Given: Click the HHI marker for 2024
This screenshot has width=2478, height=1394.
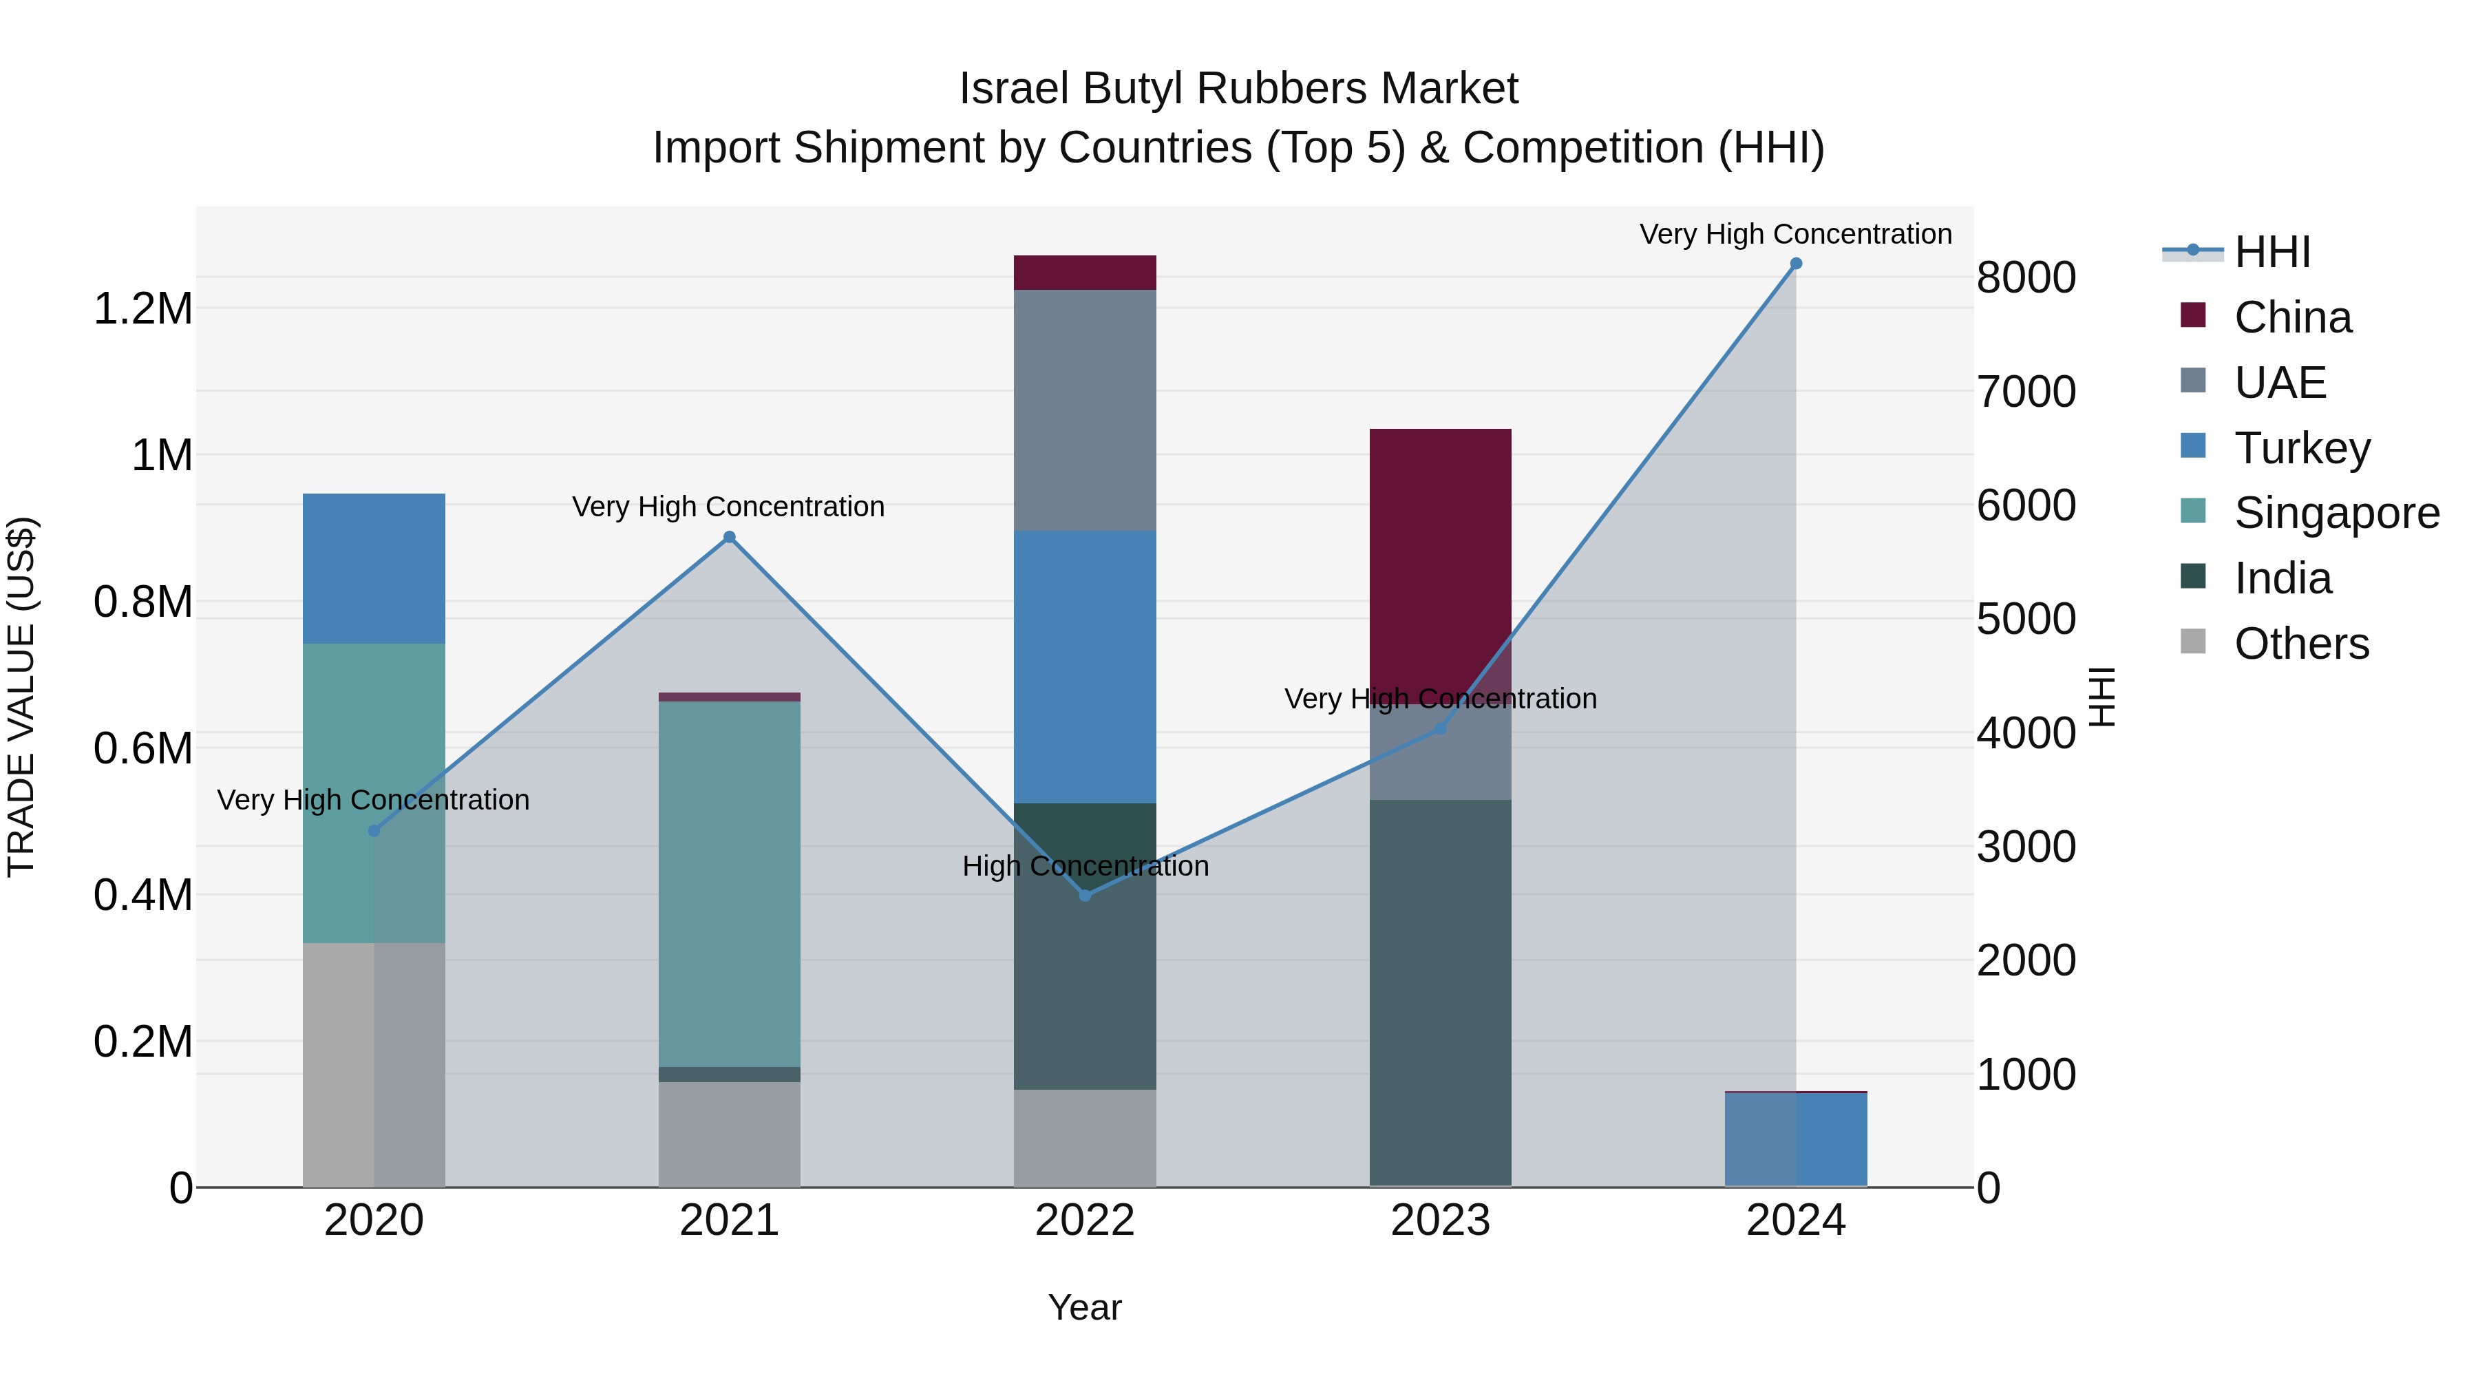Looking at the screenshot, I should click(1795, 264).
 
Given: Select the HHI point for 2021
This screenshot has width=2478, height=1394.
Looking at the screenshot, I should click(729, 537).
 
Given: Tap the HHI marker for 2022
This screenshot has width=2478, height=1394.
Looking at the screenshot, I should click(1085, 896).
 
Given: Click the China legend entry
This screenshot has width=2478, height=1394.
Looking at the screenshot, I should click(2292, 317).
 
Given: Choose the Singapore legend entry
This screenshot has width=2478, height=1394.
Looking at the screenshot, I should click(2336, 513).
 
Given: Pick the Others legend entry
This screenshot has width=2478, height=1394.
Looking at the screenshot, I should click(2301, 644).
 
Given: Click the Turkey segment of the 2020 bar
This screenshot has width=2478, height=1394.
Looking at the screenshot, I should click(374, 569).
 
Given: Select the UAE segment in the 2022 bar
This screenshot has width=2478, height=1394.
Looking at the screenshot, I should click(1085, 410).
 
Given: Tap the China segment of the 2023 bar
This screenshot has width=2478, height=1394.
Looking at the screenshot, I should click(1440, 549).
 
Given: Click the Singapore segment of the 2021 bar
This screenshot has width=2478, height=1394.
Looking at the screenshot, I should click(729, 883).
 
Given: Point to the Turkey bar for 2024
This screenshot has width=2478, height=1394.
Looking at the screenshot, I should click(1795, 1139).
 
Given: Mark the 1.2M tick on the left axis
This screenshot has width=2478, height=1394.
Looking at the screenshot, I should click(142, 310).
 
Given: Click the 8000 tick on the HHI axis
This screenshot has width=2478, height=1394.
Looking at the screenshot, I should click(2026, 278).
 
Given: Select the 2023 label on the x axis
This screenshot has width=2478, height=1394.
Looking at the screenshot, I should click(1440, 1221).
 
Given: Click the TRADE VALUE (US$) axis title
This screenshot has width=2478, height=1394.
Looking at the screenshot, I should click(22, 697).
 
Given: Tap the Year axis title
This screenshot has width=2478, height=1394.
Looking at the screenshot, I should click(1084, 1307).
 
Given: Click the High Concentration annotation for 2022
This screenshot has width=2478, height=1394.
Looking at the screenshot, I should click(1085, 866).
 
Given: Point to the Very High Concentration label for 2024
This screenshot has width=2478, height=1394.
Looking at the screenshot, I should click(1795, 234).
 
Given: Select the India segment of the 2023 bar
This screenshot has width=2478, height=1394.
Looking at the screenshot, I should click(1440, 991).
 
